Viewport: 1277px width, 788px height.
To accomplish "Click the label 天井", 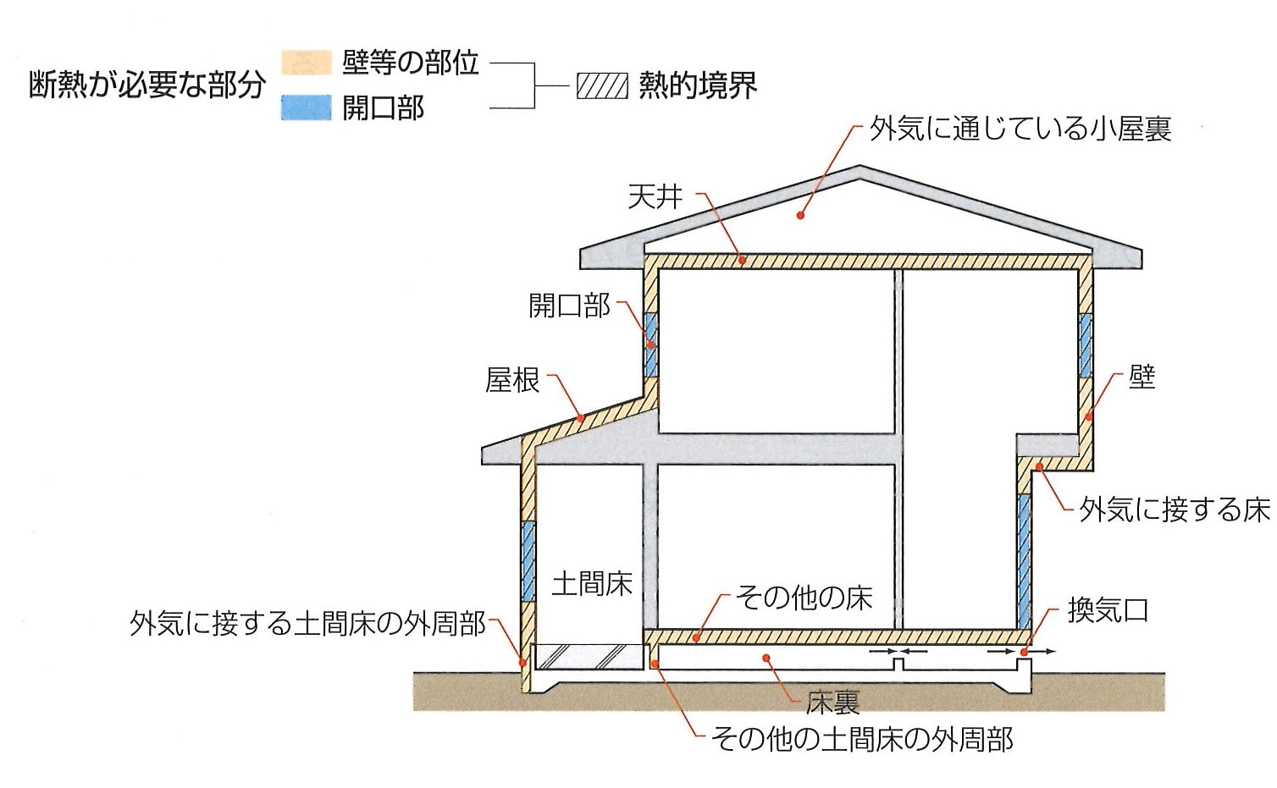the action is coord(655,196).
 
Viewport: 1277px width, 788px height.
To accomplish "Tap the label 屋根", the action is coord(512,380).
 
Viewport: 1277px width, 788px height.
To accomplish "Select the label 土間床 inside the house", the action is coord(592,584).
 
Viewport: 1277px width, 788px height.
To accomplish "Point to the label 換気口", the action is coord(1108,611).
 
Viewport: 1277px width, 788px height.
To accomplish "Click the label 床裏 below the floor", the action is coord(832,703).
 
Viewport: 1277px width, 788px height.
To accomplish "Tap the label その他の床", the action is coord(804,598).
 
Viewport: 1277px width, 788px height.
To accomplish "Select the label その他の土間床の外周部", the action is coord(861,740).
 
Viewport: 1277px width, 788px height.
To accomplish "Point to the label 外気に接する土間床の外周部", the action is coord(307,623).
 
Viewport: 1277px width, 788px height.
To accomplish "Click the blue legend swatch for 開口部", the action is coord(307,107).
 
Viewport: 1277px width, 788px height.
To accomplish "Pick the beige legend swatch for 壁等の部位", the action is coord(307,63).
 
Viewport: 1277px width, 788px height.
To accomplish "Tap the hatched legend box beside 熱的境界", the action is coord(602,86).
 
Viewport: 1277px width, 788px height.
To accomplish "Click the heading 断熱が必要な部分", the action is coord(147,85).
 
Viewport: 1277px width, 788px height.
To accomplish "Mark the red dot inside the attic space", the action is coord(800,215).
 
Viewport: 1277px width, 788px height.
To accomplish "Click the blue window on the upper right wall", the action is coord(1086,345).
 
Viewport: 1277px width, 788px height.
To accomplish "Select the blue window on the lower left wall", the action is coord(528,561).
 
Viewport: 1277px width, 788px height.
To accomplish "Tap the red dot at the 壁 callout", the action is coord(1088,416).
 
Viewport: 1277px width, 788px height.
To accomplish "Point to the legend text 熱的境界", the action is coord(697,86).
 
